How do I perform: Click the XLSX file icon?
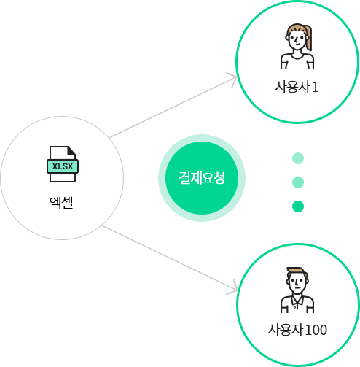click(63, 164)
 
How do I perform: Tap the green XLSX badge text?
click(63, 166)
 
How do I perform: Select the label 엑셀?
click(61, 202)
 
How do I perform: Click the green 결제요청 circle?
click(202, 178)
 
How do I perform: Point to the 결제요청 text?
click(202, 178)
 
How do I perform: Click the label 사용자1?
click(297, 87)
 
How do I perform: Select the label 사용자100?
click(297, 330)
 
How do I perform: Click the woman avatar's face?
click(297, 39)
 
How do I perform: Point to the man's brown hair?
click(297, 272)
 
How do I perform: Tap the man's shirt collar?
click(297, 300)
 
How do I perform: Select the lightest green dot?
click(298, 158)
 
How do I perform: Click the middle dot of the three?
click(298, 182)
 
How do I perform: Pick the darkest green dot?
click(298, 206)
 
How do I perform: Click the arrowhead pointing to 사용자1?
click(232, 79)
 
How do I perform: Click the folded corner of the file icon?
click(71, 150)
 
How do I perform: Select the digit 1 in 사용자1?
click(315, 87)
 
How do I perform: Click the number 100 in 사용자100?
click(316, 330)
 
